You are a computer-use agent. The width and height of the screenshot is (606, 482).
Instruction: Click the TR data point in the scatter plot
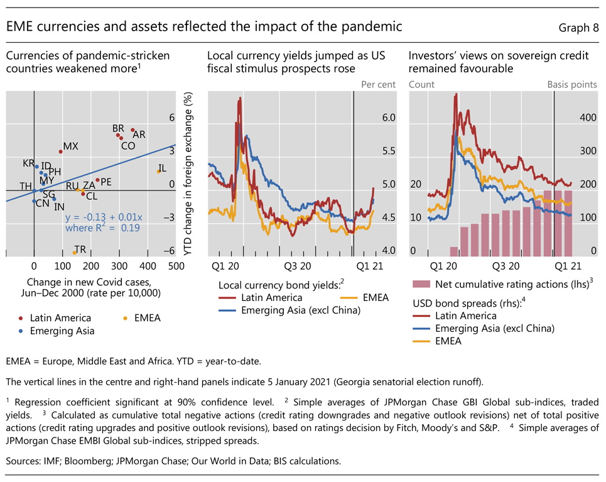pos(75,252)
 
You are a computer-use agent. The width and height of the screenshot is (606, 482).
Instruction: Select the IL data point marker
pos(159,171)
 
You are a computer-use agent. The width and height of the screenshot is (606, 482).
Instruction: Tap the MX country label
pos(71,146)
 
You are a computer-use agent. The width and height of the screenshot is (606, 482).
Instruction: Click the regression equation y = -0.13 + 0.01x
pos(104,217)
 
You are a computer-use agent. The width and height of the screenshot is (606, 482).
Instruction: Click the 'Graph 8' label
pos(578,28)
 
